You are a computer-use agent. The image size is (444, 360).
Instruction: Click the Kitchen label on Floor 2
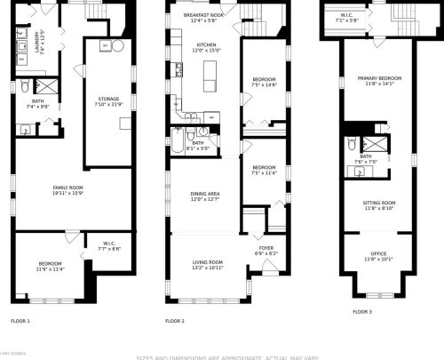click(x=206, y=45)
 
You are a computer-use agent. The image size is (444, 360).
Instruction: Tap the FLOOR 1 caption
click(x=20, y=320)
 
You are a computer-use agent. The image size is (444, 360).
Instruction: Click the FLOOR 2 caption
click(x=175, y=320)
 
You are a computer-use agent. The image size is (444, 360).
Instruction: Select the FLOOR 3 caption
click(x=362, y=312)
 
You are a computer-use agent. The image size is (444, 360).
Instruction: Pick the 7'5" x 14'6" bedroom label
click(x=264, y=83)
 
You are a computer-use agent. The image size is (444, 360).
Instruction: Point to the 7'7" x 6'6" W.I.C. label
click(x=110, y=246)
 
